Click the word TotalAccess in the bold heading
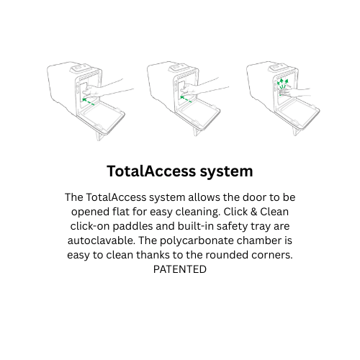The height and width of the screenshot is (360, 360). point(152,171)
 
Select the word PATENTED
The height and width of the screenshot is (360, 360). point(180,269)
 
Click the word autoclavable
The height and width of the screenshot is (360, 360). point(101,240)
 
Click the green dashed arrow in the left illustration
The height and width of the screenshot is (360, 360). point(88,102)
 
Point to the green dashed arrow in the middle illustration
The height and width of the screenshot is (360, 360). point(186,99)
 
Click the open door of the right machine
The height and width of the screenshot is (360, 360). point(299,114)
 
